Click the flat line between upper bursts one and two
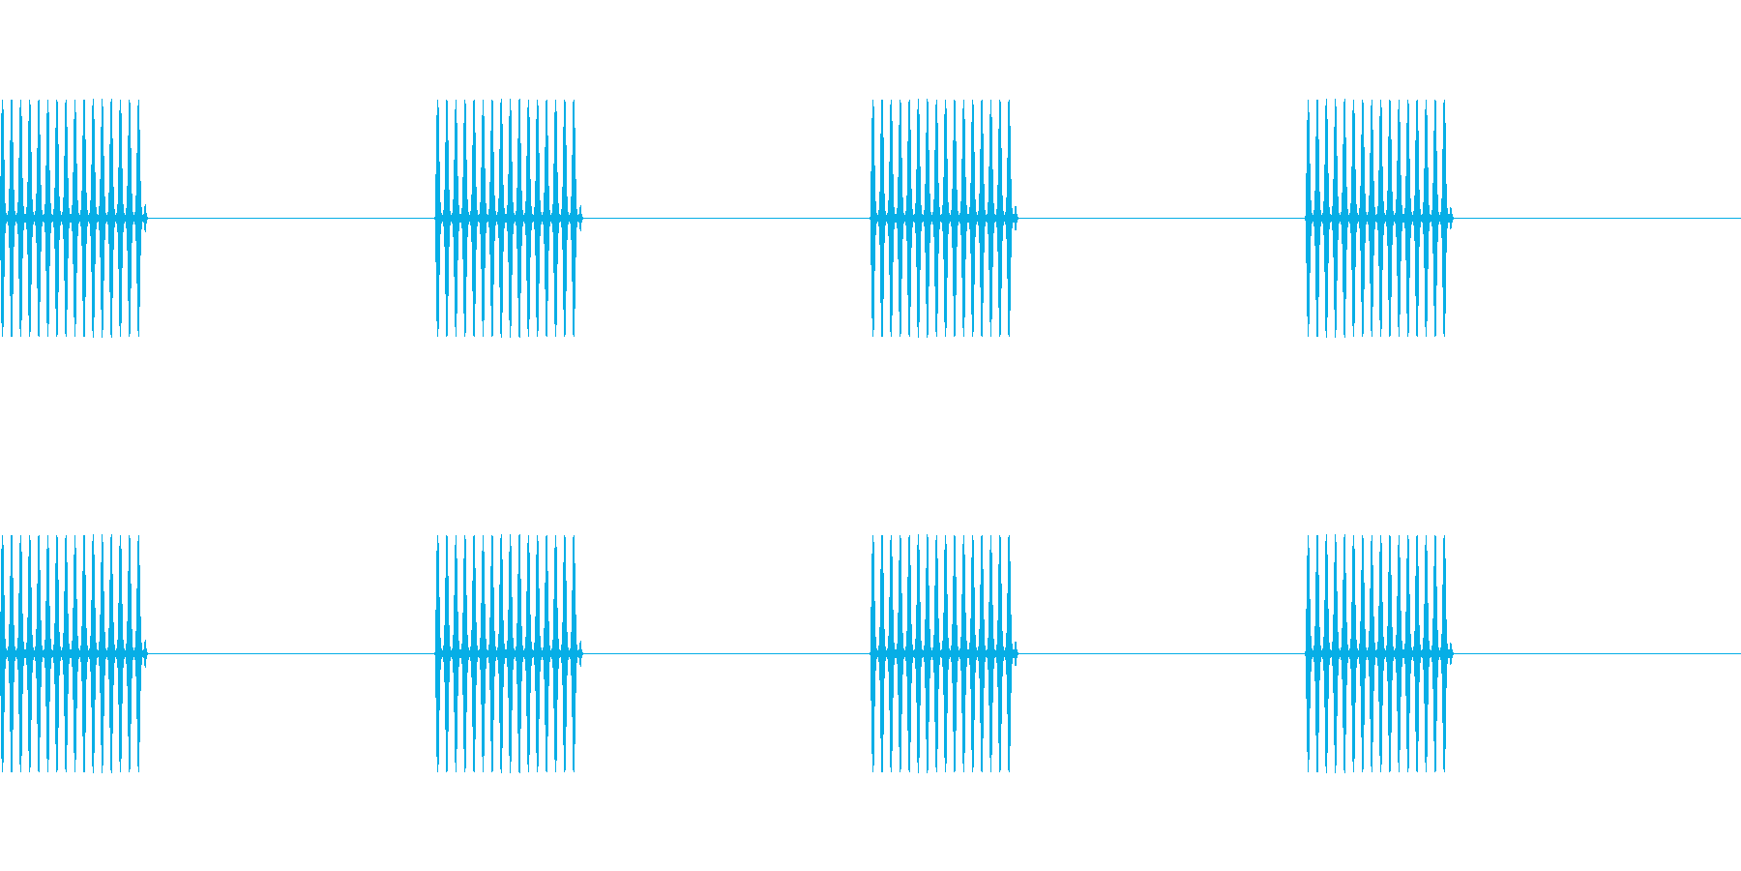(290, 218)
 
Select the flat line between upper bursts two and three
(725, 218)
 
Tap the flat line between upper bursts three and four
(1161, 218)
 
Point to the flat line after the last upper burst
(1596, 218)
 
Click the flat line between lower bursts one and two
(290, 653)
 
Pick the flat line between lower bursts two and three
(725, 653)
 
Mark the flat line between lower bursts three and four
(1161, 653)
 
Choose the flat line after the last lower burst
(1596, 653)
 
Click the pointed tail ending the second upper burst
(579, 218)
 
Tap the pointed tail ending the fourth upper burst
(1450, 218)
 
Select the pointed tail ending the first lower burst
(144, 653)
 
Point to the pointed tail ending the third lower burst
(1015, 653)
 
